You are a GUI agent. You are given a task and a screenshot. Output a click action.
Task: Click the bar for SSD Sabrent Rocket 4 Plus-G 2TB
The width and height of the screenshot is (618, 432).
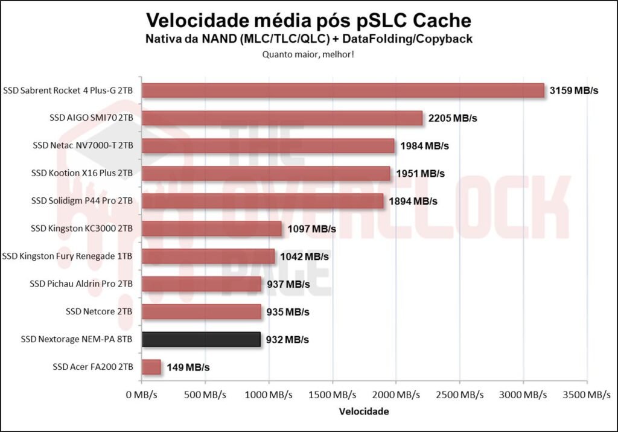pyautogui.click(x=343, y=91)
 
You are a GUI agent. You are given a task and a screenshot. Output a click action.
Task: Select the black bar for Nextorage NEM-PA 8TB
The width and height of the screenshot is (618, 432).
pyautogui.click(x=201, y=340)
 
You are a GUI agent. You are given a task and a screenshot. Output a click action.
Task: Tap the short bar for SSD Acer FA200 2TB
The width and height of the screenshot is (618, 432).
pyautogui.click(x=151, y=367)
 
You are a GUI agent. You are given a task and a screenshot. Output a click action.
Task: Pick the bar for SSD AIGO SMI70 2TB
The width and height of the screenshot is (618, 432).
pyautogui.click(x=282, y=118)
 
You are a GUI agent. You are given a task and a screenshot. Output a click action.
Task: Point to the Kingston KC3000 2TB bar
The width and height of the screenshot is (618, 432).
pyautogui.click(x=211, y=229)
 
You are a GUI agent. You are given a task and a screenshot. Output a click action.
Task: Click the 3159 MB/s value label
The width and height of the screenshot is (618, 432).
pyautogui.click(x=574, y=91)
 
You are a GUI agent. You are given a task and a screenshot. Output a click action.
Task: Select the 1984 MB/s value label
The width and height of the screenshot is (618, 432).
pyautogui.click(x=422, y=146)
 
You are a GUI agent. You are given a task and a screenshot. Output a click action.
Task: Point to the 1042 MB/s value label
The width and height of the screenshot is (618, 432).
pyautogui.click(x=304, y=256)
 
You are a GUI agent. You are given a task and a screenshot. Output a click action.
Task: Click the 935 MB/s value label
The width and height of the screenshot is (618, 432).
pyautogui.click(x=287, y=312)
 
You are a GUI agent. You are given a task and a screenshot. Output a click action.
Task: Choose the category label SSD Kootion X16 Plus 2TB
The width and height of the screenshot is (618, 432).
pyautogui.click(x=82, y=173)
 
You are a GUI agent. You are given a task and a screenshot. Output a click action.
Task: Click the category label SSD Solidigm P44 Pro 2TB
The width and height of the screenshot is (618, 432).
pyautogui.click(x=81, y=201)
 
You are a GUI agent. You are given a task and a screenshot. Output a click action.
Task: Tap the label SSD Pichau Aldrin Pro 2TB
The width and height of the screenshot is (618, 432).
pyautogui.click(x=81, y=284)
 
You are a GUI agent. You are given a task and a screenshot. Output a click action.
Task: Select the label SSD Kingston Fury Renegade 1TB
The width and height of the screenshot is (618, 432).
pyautogui.click(x=68, y=256)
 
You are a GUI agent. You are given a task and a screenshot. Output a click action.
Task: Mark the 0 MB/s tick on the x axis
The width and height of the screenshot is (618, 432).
pyautogui.click(x=142, y=395)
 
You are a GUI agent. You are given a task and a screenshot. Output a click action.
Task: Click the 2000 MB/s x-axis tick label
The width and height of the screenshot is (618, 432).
pyautogui.click(x=395, y=395)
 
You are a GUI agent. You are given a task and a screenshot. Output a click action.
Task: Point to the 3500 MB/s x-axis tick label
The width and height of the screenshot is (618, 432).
pyautogui.click(x=585, y=395)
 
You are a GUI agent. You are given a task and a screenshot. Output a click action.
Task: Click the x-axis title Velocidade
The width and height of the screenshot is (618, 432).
pyautogui.click(x=364, y=411)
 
